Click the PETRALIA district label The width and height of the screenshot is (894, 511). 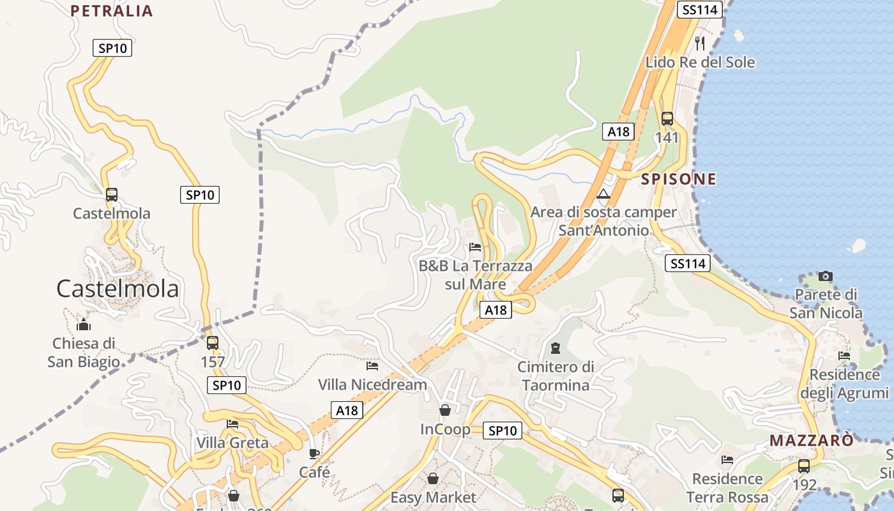coord(112,11)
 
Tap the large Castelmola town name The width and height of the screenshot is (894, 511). coord(117,289)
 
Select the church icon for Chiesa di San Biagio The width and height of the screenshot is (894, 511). coord(84,325)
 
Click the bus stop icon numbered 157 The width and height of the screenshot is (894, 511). coord(213,343)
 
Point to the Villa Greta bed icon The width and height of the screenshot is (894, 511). coord(232,424)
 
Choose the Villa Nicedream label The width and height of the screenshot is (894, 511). coord(372,385)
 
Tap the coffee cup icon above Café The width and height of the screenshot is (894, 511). coord(314,454)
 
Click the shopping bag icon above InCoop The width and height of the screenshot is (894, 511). coord(445,410)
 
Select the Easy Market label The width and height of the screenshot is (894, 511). coord(433,497)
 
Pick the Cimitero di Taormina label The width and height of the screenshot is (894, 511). coord(556,376)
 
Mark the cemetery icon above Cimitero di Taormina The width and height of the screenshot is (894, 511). coord(556,348)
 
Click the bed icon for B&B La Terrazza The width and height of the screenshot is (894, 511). coord(475,247)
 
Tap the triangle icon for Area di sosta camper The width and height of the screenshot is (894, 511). coord(603,194)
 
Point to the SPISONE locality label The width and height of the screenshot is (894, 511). coord(679,179)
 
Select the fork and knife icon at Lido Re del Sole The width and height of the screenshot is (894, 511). coord(700,43)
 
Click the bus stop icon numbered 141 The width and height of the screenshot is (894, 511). coord(667,119)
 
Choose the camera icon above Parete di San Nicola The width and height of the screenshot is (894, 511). coord(826,277)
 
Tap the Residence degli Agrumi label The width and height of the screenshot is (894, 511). coord(844,383)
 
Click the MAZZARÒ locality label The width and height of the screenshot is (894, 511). coord(811,441)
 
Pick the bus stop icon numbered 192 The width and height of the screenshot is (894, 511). coord(804,466)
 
